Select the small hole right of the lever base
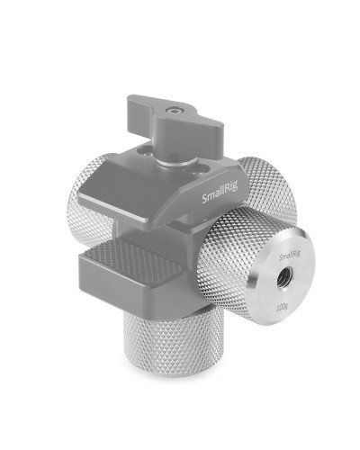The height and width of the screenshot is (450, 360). click(x=193, y=165)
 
